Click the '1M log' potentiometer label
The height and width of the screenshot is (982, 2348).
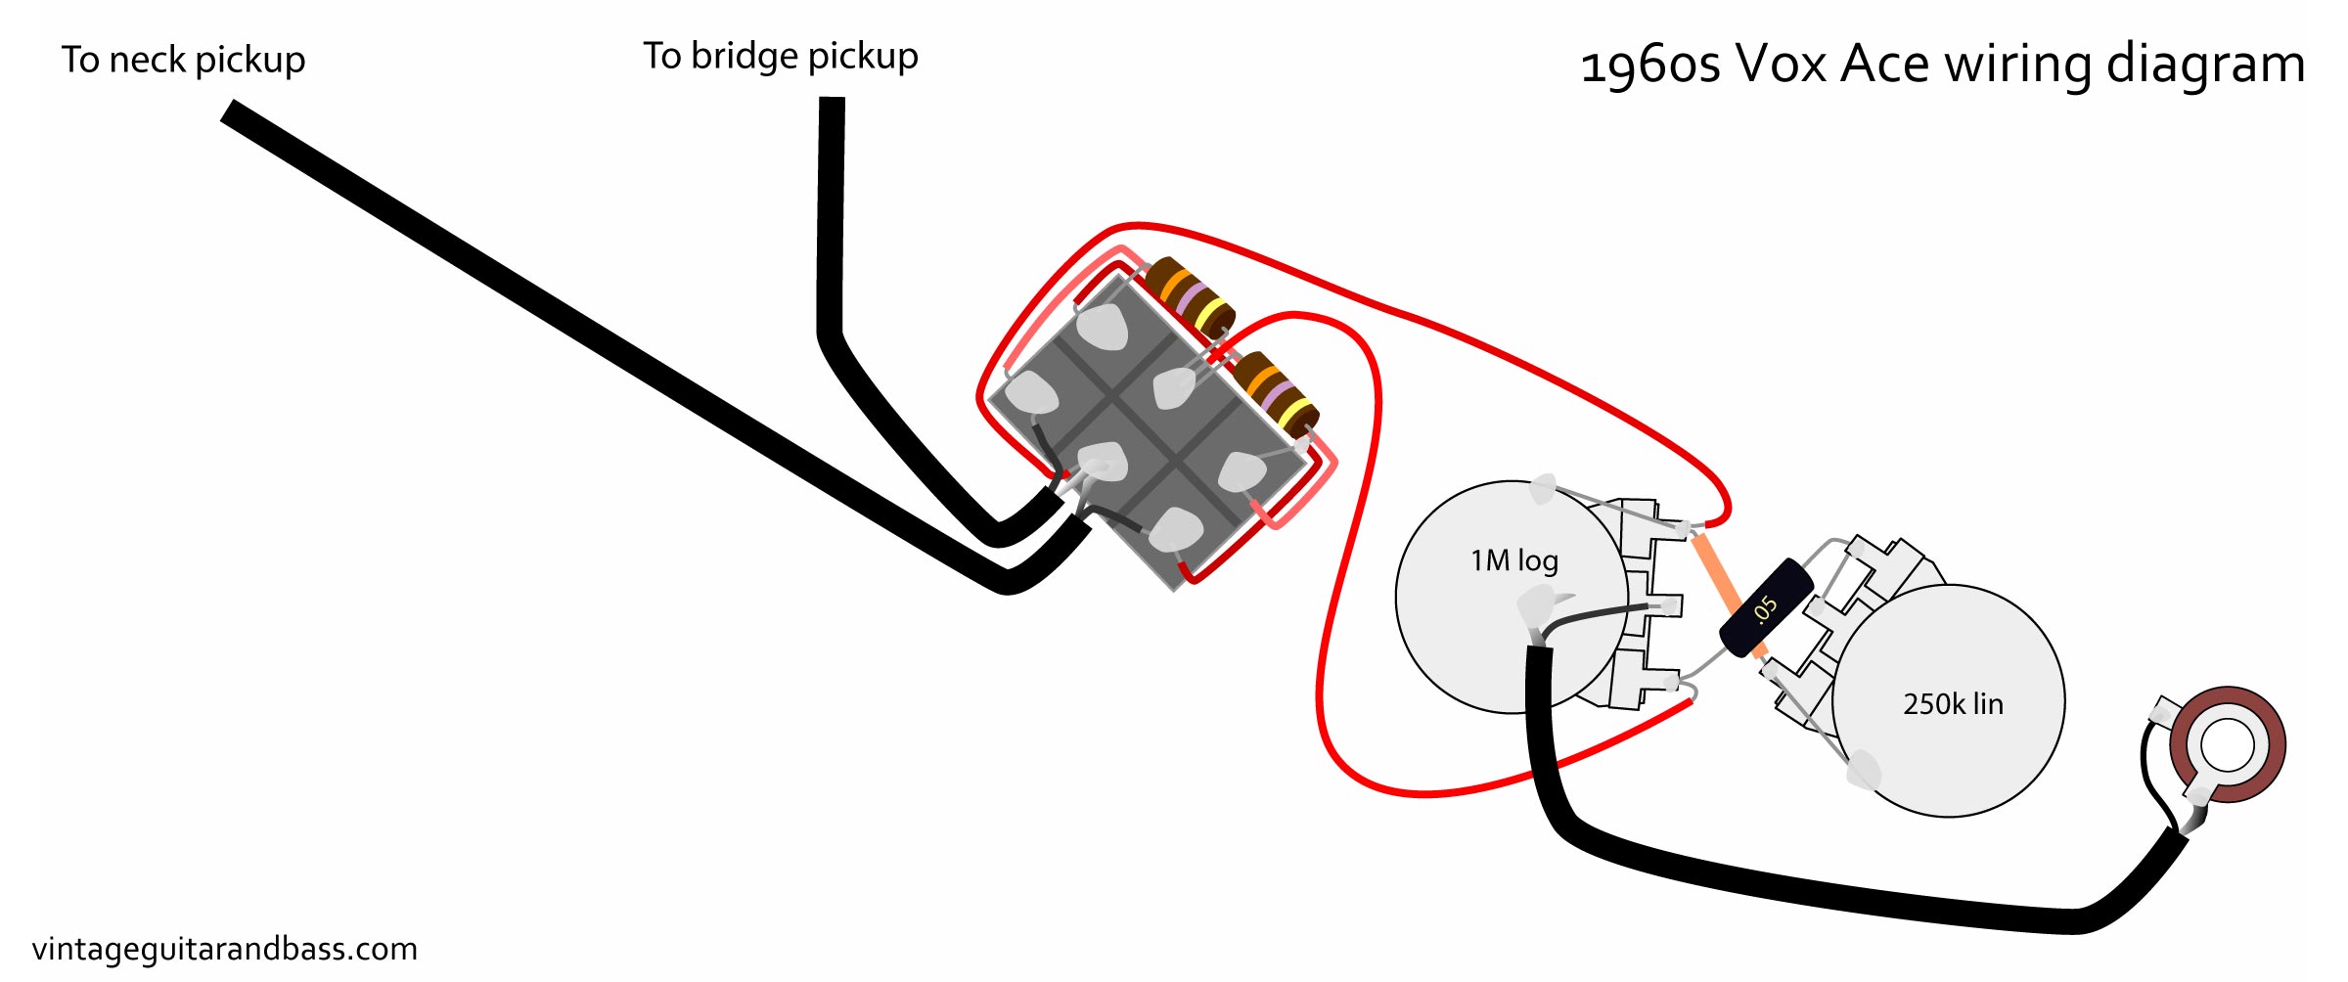pyautogui.click(x=1513, y=560)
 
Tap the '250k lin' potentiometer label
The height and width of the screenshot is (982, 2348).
pyautogui.click(x=1953, y=704)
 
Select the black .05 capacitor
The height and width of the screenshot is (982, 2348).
pyautogui.click(x=1766, y=607)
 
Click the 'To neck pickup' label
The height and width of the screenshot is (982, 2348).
pyautogui.click(x=183, y=61)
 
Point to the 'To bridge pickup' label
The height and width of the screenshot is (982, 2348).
pyautogui.click(x=780, y=57)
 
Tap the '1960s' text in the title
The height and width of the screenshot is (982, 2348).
pyautogui.click(x=1650, y=65)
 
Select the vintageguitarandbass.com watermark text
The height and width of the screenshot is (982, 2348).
pyautogui.click(x=224, y=949)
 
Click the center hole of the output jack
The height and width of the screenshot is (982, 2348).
pyautogui.click(x=2228, y=745)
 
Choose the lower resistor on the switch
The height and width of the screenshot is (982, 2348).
pyautogui.click(x=1275, y=393)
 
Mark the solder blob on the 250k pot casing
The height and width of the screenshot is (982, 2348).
pyautogui.click(x=1863, y=770)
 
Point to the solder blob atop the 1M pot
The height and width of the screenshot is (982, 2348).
pyautogui.click(x=1542, y=488)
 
